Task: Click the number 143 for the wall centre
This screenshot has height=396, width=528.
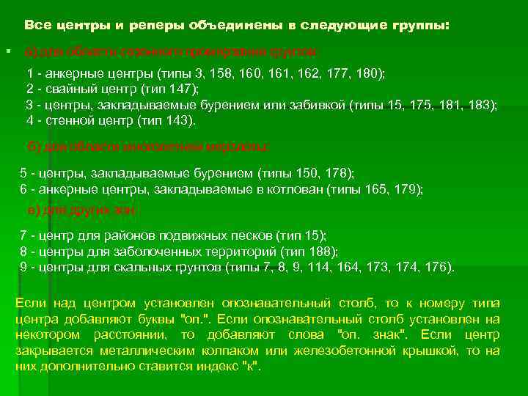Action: click(180, 120)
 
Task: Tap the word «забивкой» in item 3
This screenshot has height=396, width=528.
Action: click(317, 105)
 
